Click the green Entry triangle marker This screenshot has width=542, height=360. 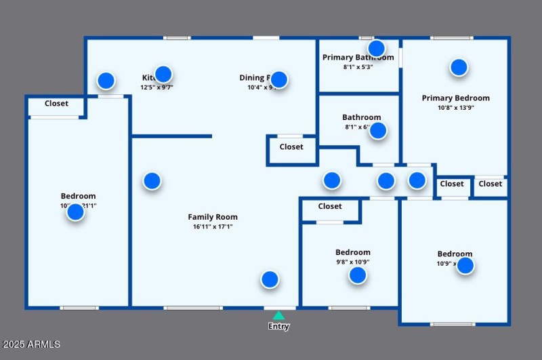click(278, 315)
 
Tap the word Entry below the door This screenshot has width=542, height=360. click(278, 326)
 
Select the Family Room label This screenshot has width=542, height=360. click(213, 217)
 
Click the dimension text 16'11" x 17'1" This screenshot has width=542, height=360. click(213, 227)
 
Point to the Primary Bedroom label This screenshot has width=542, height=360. click(455, 98)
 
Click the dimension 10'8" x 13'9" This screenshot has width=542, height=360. click(455, 107)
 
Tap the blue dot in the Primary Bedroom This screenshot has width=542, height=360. click(459, 67)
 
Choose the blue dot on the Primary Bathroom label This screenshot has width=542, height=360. click(376, 48)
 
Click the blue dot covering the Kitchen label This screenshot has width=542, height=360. click(163, 75)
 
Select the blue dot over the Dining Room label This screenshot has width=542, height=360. click(278, 79)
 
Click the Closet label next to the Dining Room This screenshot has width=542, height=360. click(291, 146)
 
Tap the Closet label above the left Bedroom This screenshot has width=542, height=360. click(56, 104)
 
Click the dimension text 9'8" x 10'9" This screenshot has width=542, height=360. click(353, 262)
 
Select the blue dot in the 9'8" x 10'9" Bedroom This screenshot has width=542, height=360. click(357, 275)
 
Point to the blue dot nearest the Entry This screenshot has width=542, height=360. click(270, 279)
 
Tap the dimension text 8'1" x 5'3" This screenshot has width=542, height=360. click(358, 67)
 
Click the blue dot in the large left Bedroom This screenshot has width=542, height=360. click(75, 212)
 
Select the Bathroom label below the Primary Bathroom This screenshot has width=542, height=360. click(361, 117)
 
